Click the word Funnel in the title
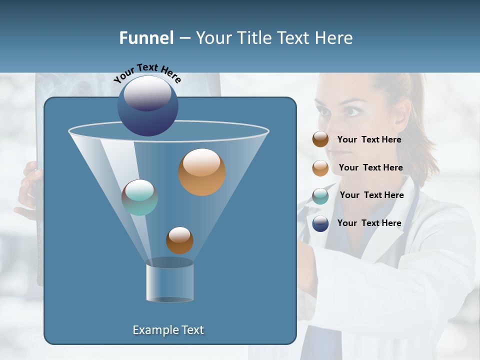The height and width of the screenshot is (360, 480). (146, 38)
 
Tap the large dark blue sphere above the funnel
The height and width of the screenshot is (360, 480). (147, 105)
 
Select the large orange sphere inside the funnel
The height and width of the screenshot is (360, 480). (202, 172)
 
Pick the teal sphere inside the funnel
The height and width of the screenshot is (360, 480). (140, 197)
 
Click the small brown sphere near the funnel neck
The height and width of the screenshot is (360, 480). (179, 240)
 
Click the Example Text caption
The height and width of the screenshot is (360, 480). (168, 330)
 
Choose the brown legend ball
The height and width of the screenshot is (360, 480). (320, 139)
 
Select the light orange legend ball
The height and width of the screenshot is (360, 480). (320, 168)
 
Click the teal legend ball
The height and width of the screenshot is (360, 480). (320, 196)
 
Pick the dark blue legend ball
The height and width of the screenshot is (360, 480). (320, 223)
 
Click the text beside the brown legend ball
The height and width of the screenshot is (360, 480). (369, 140)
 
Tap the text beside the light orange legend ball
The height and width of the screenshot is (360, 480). (370, 168)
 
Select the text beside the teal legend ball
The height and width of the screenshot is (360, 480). (371, 195)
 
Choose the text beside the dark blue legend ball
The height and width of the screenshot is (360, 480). (369, 223)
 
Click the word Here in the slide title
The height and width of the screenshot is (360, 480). (334, 38)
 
